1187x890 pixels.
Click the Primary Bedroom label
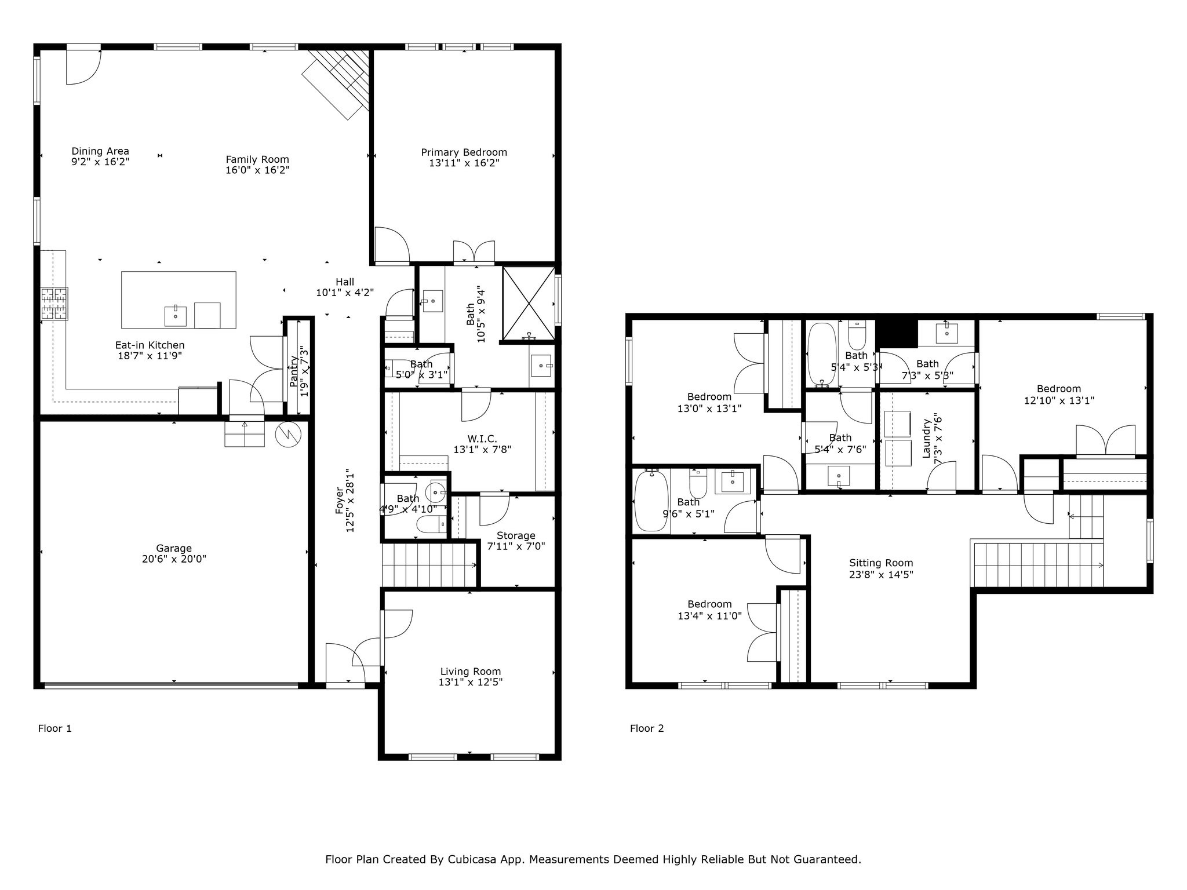click(464, 152)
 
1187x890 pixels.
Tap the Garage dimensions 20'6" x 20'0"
click(174, 559)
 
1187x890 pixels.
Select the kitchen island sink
click(175, 316)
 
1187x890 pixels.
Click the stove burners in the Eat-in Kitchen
click(54, 304)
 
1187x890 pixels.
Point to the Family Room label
click(257, 159)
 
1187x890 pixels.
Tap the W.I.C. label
click(482, 439)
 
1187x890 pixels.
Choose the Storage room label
click(516, 535)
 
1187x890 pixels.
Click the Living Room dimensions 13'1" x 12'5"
click(470, 683)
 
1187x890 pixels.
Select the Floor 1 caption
click(54, 728)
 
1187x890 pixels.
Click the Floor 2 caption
click(647, 728)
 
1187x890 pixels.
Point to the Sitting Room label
click(881, 563)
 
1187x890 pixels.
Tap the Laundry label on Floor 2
click(926, 439)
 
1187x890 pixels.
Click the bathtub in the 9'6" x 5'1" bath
click(651, 502)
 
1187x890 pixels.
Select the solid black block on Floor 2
click(897, 333)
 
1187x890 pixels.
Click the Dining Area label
click(100, 152)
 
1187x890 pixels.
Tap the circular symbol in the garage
click(289, 436)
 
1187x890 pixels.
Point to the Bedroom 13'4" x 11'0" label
click(709, 604)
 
